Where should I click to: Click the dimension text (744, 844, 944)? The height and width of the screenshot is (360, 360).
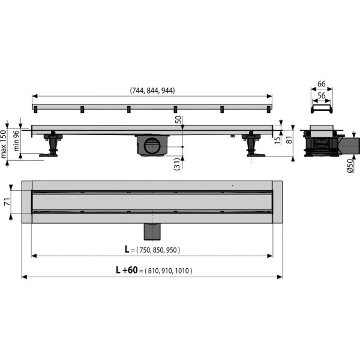[152, 91]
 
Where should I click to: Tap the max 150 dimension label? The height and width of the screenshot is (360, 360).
[5, 144]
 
